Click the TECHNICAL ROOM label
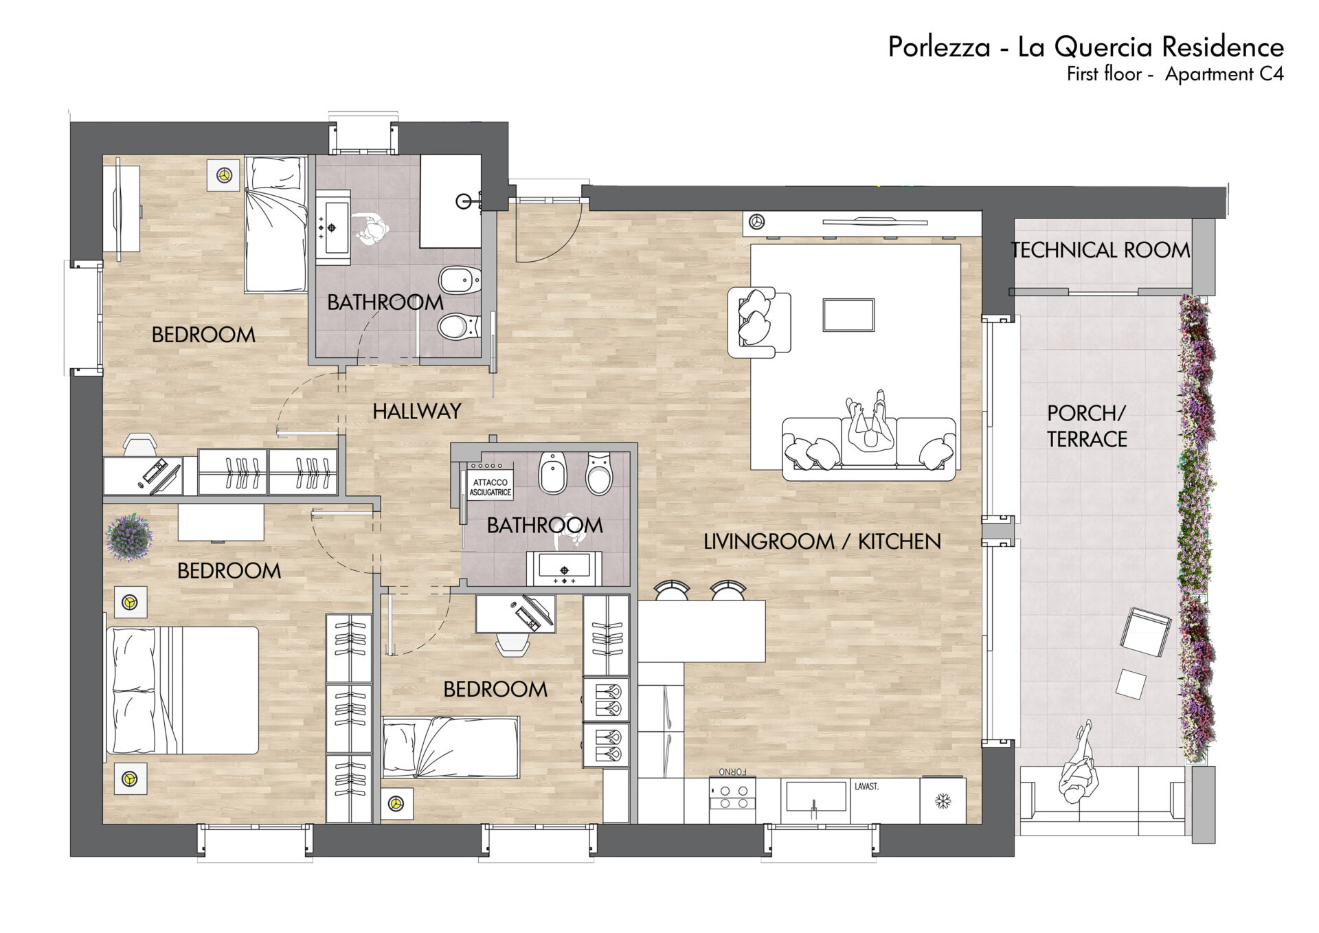click(1101, 250)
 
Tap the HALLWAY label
click(416, 412)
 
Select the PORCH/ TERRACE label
click(1087, 426)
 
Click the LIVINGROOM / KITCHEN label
click(822, 541)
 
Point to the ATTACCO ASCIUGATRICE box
click(491, 487)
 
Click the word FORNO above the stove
click(733, 772)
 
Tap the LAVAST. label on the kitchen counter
click(866, 787)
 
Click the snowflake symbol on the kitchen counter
click(943, 801)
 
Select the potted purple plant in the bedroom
click(129, 537)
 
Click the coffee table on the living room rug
click(848, 315)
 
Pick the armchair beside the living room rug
click(759, 322)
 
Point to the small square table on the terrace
click(1131, 684)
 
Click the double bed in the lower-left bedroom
click(183, 690)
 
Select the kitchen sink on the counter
click(815, 797)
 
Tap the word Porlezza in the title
click(939, 47)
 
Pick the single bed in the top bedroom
click(276, 224)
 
